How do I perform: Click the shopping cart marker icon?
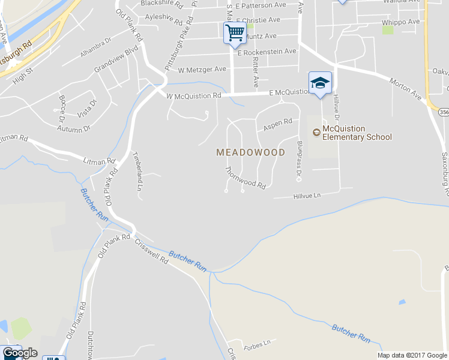point(235,32)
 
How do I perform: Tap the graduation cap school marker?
point(320,83)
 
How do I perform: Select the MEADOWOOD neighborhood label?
point(250,152)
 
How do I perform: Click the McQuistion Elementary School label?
point(357,133)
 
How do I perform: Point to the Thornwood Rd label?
point(245,178)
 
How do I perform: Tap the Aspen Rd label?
point(277,125)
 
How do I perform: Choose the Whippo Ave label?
point(400,22)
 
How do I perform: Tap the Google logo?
point(20,353)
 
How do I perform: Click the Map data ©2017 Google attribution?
point(412,355)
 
